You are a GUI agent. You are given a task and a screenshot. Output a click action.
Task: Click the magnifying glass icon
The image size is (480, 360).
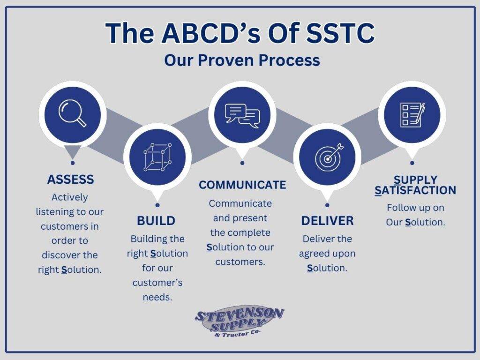pyautogui.click(x=72, y=114)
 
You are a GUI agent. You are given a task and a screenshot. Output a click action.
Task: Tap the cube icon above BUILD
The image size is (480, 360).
pyautogui.click(x=157, y=157)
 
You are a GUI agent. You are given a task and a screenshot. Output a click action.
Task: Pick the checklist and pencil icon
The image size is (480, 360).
pyautogui.click(x=412, y=115)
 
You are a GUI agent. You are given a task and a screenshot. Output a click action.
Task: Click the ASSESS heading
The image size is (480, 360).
pyautogui.click(x=70, y=180)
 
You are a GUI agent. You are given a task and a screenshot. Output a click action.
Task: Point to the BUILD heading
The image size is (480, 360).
pyautogui.click(x=156, y=221)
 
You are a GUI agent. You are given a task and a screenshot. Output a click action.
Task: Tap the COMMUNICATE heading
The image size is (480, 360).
pyautogui.click(x=242, y=185)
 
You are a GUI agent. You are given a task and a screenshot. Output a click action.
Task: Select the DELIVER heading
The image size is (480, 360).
pyautogui.click(x=327, y=221)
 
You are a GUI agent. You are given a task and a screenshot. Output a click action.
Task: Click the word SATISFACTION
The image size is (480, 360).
pyautogui.click(x=415, y=190)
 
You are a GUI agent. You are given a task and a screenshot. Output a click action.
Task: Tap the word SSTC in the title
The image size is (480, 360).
pyautogui.click(x=341, y=33)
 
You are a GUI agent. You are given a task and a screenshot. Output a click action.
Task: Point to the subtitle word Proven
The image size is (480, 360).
pyautogui.click(x=226, y=60)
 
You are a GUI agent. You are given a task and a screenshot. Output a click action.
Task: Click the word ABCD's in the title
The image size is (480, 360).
pyautogui.click(x=211, y=33)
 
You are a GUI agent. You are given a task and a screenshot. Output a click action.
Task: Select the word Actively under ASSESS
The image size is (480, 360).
pyautogui.click(x=70, y=197)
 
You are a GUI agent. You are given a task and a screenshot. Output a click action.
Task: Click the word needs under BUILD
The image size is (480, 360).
pyautogui.click(x=157, y=297)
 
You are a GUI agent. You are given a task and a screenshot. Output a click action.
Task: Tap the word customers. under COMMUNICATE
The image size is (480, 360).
pyautogui.click(x=240, y=262)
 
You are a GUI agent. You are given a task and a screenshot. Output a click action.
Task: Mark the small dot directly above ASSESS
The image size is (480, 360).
pyautogui.click(x=73, y=163)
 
